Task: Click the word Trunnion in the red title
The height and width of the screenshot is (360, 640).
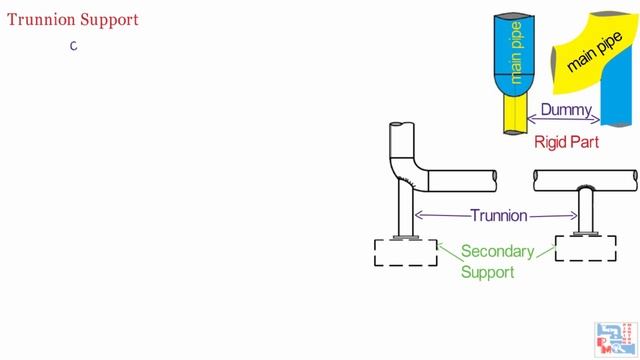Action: point(38,19)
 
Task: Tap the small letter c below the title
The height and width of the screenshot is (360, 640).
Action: point(73,46)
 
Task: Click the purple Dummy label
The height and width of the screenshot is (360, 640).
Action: point(565,110)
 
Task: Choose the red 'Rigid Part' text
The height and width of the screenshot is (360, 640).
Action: point(566,142)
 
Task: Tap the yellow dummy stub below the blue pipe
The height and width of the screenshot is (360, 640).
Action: point(516,113)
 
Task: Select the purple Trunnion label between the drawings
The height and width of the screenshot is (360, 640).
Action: point(498,215)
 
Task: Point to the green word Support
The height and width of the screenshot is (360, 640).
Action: point(487,272)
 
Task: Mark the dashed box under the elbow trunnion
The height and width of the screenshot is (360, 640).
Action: point(405,252)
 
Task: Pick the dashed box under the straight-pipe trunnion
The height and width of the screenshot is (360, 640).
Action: point(585,248)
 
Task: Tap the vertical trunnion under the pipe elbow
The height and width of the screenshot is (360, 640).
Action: point(406,210)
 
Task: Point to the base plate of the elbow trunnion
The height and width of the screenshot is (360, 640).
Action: point(405,237)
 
